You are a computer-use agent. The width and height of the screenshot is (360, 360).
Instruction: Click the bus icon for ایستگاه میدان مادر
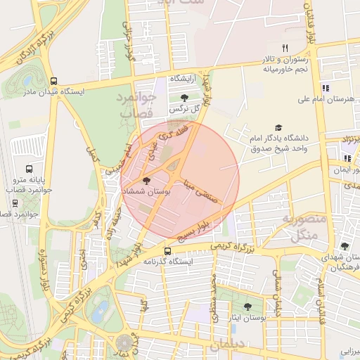click(x=55, y=80)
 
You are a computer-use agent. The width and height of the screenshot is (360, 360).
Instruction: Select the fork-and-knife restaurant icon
click(x=285, y=48)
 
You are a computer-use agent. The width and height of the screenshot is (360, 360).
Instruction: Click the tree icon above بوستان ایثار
click(x=247, y=307)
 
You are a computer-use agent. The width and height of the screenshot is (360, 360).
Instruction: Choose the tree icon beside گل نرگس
click(x=184, y=98)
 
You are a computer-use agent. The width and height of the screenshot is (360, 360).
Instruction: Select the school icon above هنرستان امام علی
click(x=325, y=89)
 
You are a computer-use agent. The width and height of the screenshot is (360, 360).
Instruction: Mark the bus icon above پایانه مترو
click(x=29, y=169)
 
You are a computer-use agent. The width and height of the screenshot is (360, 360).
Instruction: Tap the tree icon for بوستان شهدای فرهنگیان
click(x=344, y=246)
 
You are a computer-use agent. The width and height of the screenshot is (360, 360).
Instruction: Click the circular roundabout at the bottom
click(x=124, y=344)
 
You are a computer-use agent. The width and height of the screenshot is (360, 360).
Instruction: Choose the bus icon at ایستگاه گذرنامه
click(x=167, y=251)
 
